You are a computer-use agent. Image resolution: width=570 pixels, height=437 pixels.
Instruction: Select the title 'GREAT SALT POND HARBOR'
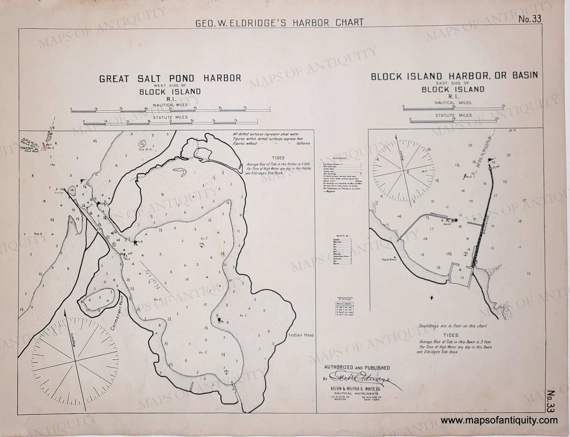coord(170,78)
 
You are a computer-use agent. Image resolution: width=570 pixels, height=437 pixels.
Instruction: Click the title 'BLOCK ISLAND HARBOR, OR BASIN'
coord(454,76)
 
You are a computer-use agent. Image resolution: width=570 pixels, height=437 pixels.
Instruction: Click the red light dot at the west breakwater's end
coord(456,220)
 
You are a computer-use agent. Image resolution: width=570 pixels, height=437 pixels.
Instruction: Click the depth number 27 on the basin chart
coord(524,200)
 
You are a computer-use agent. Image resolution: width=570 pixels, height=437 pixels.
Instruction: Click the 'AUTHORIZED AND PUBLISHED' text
coord(357,368)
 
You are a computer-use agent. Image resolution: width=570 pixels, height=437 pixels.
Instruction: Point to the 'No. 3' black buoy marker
coord(136,242)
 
